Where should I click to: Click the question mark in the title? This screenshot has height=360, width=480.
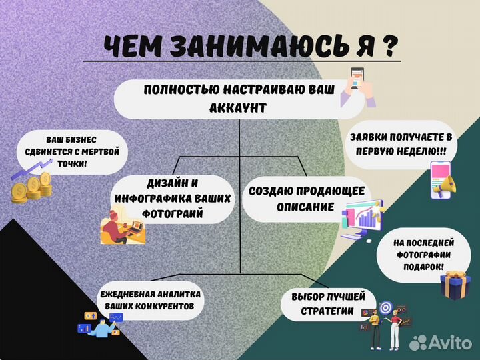pos(387,47)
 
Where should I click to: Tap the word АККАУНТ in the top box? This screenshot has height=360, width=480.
pos(239,107)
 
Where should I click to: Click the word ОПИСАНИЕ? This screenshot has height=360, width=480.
pos(306,207)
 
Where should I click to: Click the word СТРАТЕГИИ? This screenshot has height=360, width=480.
pos(327,311)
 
